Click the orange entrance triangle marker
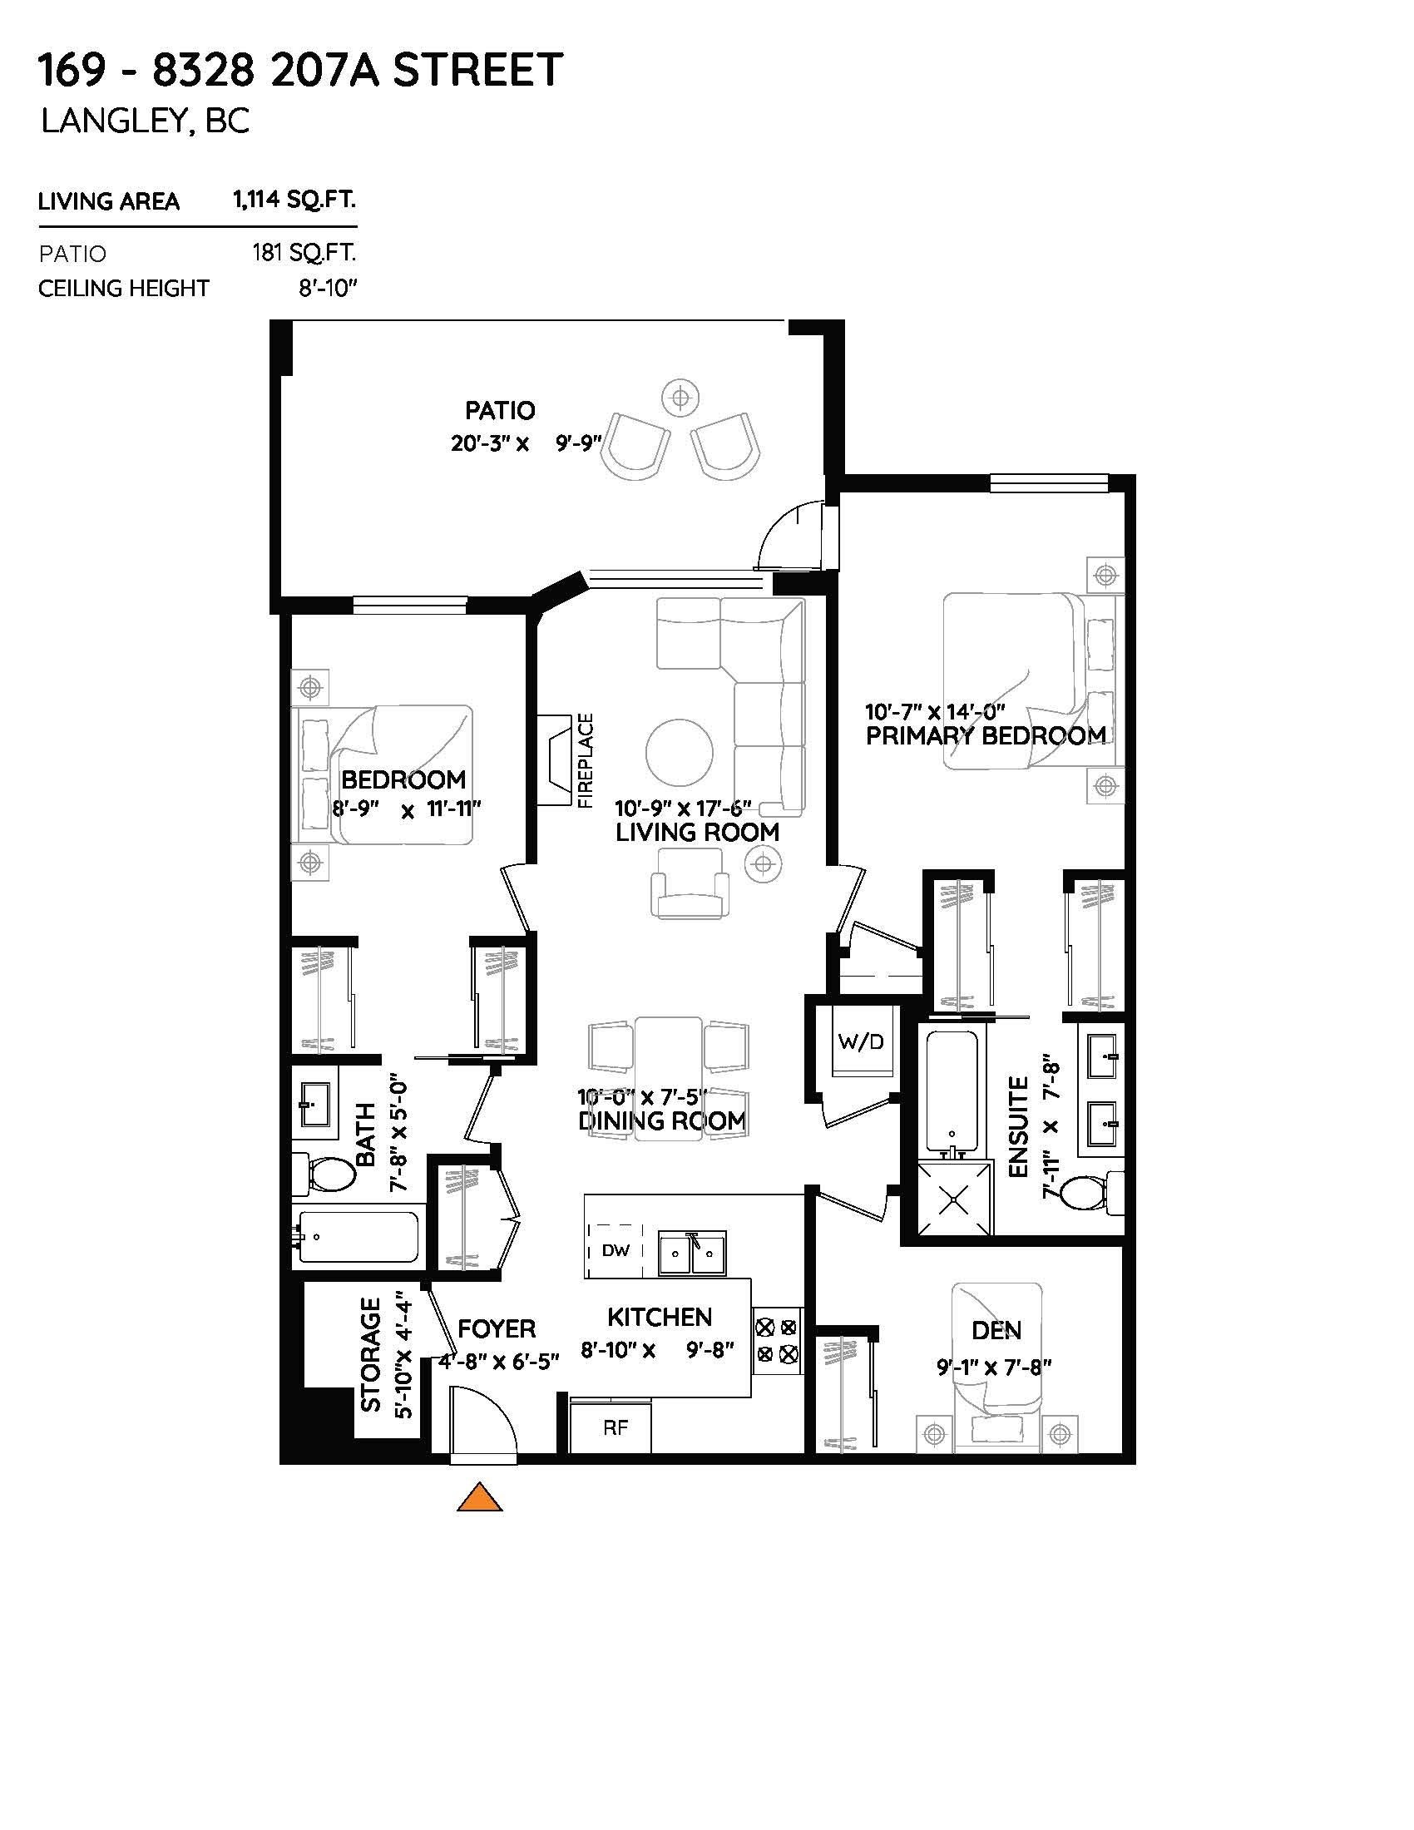coord(479,1498)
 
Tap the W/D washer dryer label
coord(860,1041)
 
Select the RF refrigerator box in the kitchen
coord(615,1427)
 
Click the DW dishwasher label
coord(616,1251)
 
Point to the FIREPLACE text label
coord(586,761)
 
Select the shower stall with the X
coord(954,1199)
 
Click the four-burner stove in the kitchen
coord(776,1340)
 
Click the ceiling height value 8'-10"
coord(328,289)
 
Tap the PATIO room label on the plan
coord(499,411)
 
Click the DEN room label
coord(996,1330)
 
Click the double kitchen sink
coord(692,1254)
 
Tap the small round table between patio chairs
coord(680,395)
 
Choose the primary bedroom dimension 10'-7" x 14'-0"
coord(934,712)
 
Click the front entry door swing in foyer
coord(482,1420)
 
